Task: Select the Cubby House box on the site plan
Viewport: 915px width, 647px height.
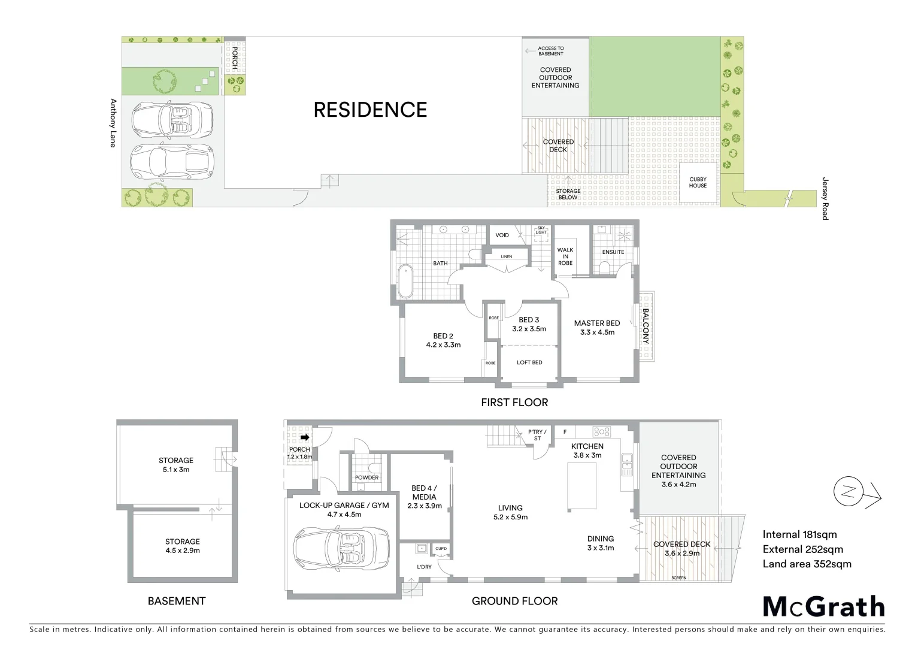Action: (x=698, y=182)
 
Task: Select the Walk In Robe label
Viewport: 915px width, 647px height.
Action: (x=565, y=256)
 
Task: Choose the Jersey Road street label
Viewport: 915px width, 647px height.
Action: (x=825, y=199)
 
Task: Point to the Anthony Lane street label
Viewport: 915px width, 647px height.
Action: (x=112, y=123)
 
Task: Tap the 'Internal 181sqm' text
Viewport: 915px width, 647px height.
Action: (x=799, y=534)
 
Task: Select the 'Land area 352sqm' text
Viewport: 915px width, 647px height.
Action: (x=807, y=563)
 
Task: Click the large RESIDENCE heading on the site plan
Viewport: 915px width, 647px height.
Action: (x=370, y=110)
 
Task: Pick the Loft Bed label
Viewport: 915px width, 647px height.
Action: (x=529, y=362)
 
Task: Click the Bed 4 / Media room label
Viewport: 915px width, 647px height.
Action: (x=424, y=497)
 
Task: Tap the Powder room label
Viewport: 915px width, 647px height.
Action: (x=366, y=477)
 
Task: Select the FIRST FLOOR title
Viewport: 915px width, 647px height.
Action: (x=514, y=403)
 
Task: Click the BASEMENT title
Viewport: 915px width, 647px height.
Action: (x=177, y=601)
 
